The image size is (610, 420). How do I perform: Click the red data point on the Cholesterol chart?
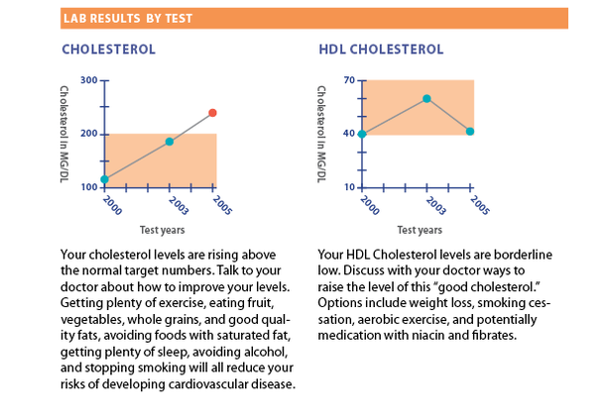click(x=212, y=113)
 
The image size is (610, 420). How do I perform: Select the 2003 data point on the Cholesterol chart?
click(x=170, y=142)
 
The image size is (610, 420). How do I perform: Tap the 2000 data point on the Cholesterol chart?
click(x=105, y=179)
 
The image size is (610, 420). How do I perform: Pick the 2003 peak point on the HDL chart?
click(x=427, y=98)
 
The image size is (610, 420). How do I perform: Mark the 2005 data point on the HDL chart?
click(x=470, y=131)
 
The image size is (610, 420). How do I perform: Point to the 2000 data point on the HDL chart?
click(x=362, y=134)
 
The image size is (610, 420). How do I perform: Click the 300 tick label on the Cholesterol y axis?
click(x=88, y=80)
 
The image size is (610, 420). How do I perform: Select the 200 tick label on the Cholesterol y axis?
click(x=88, y=133)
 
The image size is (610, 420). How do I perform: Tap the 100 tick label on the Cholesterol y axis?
click(x=88, y=186)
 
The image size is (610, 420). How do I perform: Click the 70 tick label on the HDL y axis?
click(x=349, y=79)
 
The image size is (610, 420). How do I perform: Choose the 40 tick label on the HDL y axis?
click(x=349, y=133)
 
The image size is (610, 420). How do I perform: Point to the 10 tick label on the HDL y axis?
click(x=349, y=186)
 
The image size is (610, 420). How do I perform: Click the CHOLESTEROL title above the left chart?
click(x=109, y=49)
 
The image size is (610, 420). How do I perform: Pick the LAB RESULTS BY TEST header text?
click(x=128, y=18)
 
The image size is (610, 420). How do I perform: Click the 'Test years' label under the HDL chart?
click(x=423, y=230)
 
